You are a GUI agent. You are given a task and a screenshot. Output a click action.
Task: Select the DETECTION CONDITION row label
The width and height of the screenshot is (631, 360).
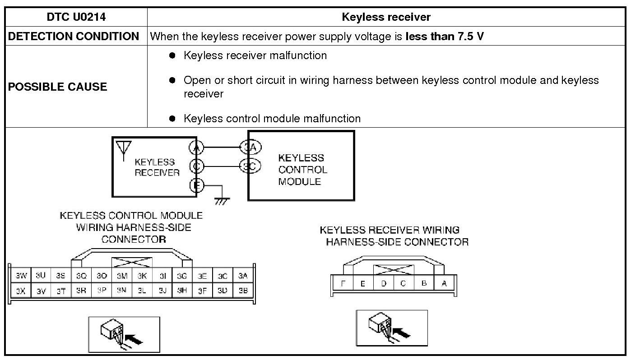(74, 37)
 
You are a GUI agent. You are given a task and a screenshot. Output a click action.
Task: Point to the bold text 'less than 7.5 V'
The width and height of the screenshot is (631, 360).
(445, 37)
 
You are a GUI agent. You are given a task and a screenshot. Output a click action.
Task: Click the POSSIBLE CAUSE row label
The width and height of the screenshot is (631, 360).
(57, 87)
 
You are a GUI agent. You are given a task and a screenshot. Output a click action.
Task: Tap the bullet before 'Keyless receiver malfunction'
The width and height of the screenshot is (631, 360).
(172, 55)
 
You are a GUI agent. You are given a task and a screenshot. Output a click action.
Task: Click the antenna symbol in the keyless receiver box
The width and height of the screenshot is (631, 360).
(123, 148)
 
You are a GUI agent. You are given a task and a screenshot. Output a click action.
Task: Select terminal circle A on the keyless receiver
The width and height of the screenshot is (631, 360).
(197, 148)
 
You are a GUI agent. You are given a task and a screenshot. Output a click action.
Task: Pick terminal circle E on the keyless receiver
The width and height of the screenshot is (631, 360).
(197, 185)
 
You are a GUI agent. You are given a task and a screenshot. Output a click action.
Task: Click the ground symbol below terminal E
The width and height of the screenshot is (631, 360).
(221, 200)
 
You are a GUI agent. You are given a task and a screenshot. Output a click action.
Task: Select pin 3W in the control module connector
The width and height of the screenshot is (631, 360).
(21, 276)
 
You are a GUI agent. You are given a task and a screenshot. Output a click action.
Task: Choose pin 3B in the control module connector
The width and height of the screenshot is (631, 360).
(243, 291)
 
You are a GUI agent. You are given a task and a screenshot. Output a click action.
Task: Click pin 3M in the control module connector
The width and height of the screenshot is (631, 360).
(121, 276)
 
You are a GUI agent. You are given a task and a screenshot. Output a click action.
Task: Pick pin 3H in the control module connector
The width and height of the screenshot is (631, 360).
(182, 291)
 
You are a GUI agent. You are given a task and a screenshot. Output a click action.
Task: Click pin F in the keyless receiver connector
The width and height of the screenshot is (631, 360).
(343, 284)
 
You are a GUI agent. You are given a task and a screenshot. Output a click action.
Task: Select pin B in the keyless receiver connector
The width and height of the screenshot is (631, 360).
(424, 284)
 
